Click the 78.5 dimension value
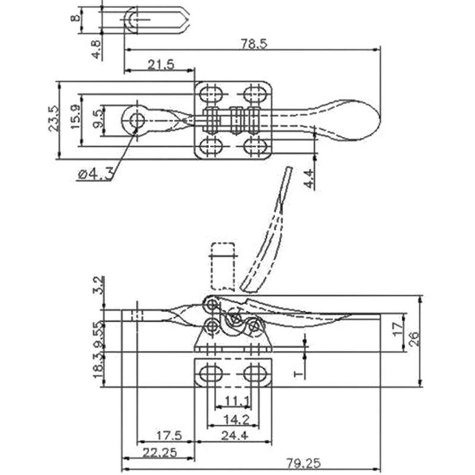tap(255, 44)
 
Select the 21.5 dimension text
tap(161, 65)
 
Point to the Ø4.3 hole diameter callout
tap(95, 175)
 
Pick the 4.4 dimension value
tap(308, 178)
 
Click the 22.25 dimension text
tap(158, 452)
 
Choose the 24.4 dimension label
tap(234, 435)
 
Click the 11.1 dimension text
tap(237, 401)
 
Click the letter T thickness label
tap(299, 374)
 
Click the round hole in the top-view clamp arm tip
tap(137, 119)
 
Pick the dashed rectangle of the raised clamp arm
tap(222, 266)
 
